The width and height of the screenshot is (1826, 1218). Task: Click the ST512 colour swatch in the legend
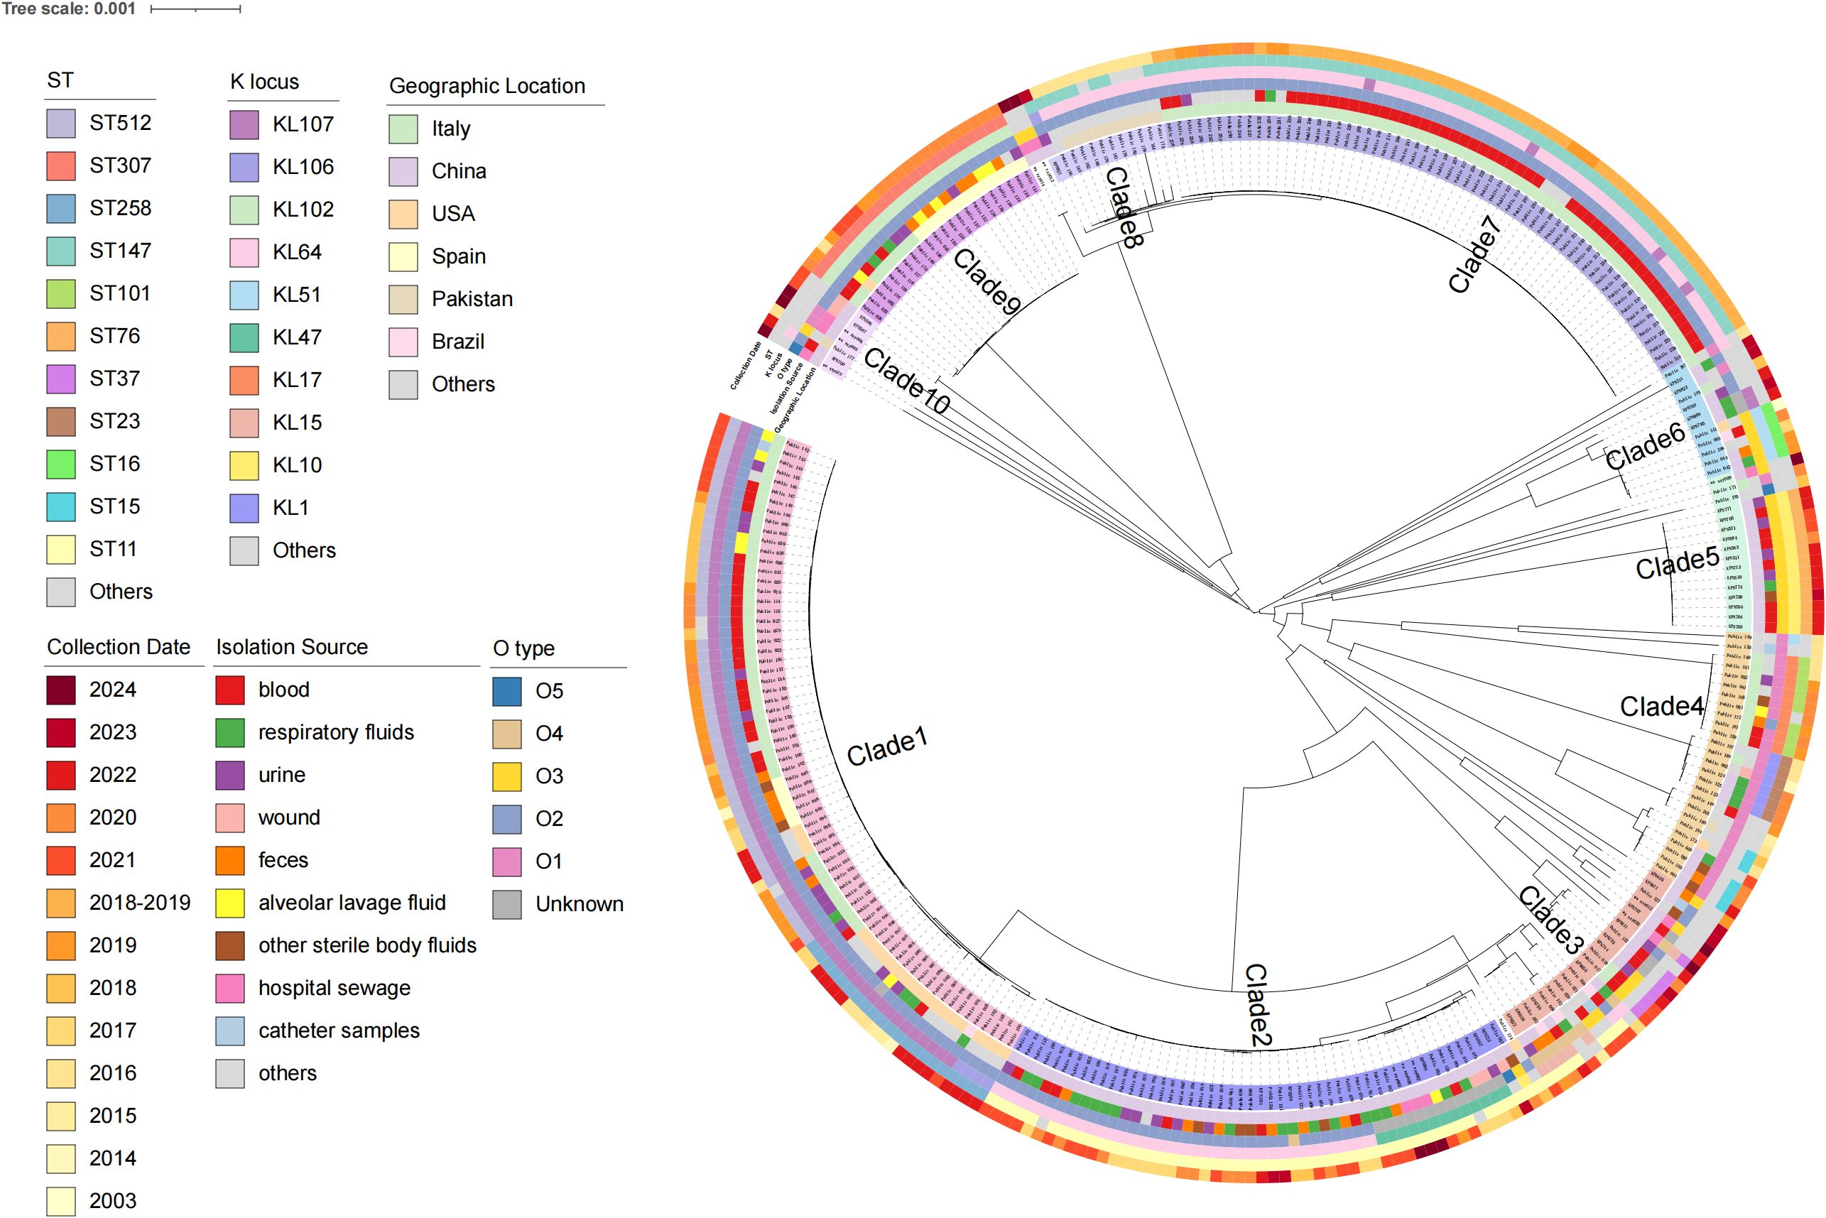60,124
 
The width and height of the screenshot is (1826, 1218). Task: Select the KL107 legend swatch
244,124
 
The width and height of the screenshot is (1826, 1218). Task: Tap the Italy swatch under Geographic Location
403,129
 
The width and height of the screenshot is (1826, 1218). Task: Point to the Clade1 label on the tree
887,747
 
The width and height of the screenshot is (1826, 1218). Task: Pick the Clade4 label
1661,706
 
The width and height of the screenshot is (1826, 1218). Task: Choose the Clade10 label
906,381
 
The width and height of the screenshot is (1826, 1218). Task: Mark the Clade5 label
1677,563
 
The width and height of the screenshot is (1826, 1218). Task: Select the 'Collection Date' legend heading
118,647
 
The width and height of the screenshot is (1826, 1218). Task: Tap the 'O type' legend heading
523,648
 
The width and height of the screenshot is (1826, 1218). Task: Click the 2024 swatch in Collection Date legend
60,690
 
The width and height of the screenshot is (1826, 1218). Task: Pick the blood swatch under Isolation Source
230,690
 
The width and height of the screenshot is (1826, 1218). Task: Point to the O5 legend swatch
506,691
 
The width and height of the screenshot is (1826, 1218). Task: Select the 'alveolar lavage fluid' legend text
352,903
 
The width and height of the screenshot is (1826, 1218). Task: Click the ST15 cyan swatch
60,506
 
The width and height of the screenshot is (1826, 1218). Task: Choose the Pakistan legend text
472,299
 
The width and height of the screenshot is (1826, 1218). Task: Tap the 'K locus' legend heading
264,82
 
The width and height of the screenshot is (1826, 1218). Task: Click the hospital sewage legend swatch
230,988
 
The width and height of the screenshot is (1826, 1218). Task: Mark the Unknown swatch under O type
506,904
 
